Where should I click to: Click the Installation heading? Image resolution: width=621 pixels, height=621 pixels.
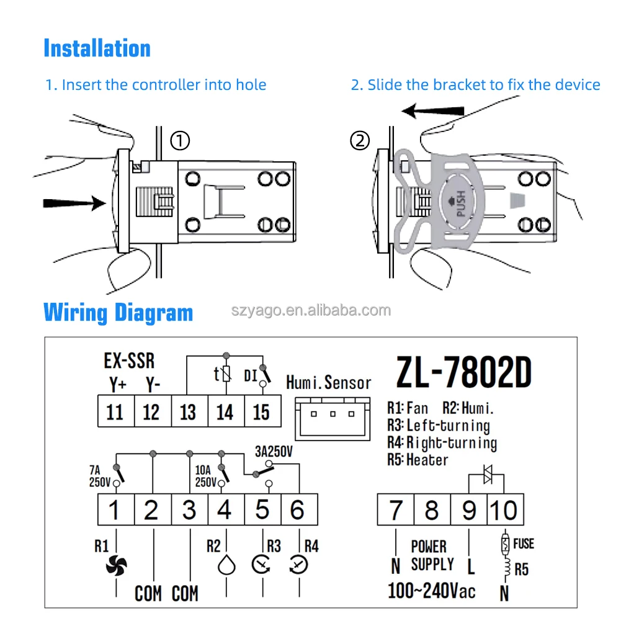point(97,48)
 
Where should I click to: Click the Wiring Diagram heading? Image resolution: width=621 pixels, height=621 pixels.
point(118,312)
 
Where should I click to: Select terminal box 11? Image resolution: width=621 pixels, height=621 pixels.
point(115,411)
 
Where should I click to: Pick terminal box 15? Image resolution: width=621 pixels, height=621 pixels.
point(262,411)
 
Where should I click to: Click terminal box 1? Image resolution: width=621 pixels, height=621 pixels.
point(114,510)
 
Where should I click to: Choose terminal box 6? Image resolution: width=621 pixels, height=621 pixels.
point(298,510)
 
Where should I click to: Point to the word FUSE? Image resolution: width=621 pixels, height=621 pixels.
point(523,544)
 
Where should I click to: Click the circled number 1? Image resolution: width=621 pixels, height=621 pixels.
point(180,141)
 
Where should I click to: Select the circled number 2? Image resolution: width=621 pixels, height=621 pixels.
point(360,141)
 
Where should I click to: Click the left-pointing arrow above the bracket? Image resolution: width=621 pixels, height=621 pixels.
point(432,111)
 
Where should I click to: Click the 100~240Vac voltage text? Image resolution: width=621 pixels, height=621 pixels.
point(432,589)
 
